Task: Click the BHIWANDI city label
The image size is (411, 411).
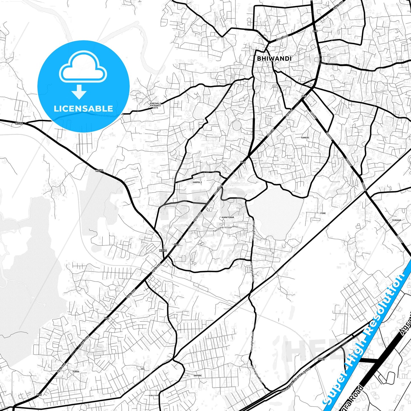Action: (x=274, y=58)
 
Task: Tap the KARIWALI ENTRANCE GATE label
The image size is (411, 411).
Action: (x=155, y=106)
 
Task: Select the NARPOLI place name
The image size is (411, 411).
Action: (x=197, y=182)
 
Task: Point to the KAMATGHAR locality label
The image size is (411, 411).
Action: (x=228, y=217)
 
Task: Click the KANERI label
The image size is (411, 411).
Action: (x=305, y=138)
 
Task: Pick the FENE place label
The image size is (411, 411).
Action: (x=323, y=213)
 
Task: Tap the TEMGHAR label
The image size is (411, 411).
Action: (x=396, y=220)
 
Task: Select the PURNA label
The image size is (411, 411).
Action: (x=76, y=371)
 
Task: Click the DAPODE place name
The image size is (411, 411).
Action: (x=197, y=375)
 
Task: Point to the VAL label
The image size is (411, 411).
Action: (x=143, y=369)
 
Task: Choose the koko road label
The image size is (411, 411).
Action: (x=153, y=395)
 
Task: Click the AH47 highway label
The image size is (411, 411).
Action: (x=321, y=360)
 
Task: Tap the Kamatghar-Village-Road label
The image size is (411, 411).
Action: (x=225, y=229)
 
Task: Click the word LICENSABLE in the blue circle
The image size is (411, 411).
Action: (x=83, y=108)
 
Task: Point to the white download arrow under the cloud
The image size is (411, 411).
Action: (x=79, y=92)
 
